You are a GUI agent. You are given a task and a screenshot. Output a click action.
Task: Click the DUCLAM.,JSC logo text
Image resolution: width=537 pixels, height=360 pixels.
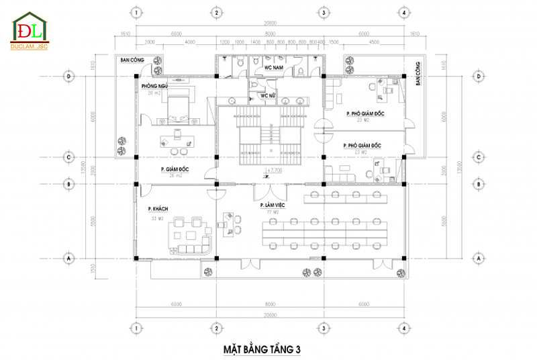point(30,47)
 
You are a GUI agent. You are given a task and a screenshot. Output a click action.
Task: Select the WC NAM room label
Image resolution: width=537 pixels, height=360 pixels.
point(273,67)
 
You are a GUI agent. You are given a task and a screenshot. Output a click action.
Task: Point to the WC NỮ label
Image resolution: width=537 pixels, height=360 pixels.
point(268,96)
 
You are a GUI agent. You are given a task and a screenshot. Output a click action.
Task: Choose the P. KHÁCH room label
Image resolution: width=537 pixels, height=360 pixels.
point(158,210)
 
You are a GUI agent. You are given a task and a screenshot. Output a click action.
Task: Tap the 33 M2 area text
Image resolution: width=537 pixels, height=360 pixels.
point(158,218)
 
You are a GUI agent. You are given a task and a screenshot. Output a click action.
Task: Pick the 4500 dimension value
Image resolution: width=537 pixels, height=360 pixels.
point(374,42)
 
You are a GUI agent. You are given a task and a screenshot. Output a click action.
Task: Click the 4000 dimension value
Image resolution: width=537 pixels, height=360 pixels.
point(190,42)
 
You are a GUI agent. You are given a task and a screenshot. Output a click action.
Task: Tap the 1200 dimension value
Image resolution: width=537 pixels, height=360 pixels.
point(225,42)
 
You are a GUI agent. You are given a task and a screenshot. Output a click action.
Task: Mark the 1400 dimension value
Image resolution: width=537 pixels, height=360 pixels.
point(255,42)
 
